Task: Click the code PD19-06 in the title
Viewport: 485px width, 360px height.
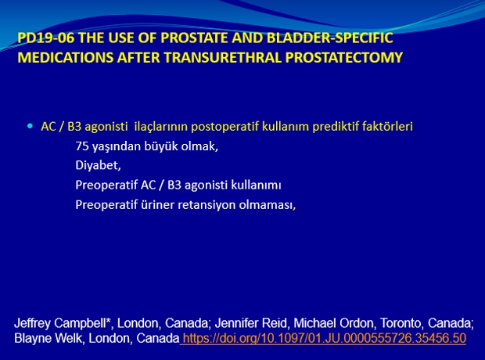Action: pyautogui.click(x=46, y=38)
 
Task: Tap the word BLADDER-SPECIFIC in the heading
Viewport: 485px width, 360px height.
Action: pyautogui.click(x=330, y=38)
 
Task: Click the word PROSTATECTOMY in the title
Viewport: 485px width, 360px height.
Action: pyautogui.click(x=344, y=58)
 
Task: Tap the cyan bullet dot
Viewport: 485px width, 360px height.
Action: pyautogui.click(x=30, y=126)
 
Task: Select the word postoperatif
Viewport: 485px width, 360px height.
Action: pyautogui.click(x=225, y=127)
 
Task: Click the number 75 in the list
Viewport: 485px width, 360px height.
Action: pyautogui.click(x=82, y=146)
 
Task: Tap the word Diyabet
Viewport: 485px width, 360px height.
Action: pyautogui.click(x=98, y=166)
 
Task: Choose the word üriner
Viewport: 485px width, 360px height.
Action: pyautogui.click(x=157, y=204)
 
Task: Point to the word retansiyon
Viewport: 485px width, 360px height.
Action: pyautogui.click(x=207, y=204)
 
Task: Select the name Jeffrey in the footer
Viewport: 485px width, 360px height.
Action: pyautogui.click(x=32, y=323)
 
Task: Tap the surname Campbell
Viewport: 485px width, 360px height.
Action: pyautogui.click(x=82, y=323)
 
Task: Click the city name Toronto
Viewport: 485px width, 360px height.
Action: pyautogui.click(x=401, y=323)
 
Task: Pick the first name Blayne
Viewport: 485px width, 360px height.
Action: pyautogui.click(x=32, y=338)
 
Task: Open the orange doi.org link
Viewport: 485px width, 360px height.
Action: pyautogui.click(x=324, y=338)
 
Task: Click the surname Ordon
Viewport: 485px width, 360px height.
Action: pyautogui.click(x=358, y=323)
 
